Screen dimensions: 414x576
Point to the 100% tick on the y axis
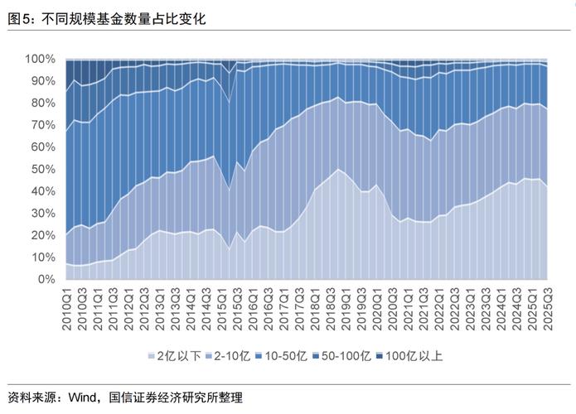[41, 59]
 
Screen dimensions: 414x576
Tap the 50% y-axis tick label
[43, 169]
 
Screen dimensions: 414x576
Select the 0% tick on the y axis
[46, 279]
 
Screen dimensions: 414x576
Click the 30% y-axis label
[43, 213]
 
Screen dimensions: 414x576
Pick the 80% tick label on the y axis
[43, 103]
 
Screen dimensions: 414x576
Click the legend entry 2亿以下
[174, 356]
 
